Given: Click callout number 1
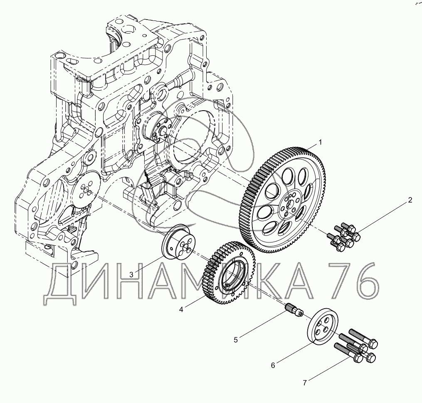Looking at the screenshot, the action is [x=320, y=142].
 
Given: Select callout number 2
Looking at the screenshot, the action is [x=410, y=200].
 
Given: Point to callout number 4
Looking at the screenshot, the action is [x=181, y=309].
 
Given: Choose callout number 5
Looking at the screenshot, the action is [x=236, y=340].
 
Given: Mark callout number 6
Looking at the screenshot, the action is [x=273, y=365].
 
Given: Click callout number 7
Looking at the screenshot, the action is [x=305, y=383].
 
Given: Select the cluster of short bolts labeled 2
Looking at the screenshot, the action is [x=343, y=237].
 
